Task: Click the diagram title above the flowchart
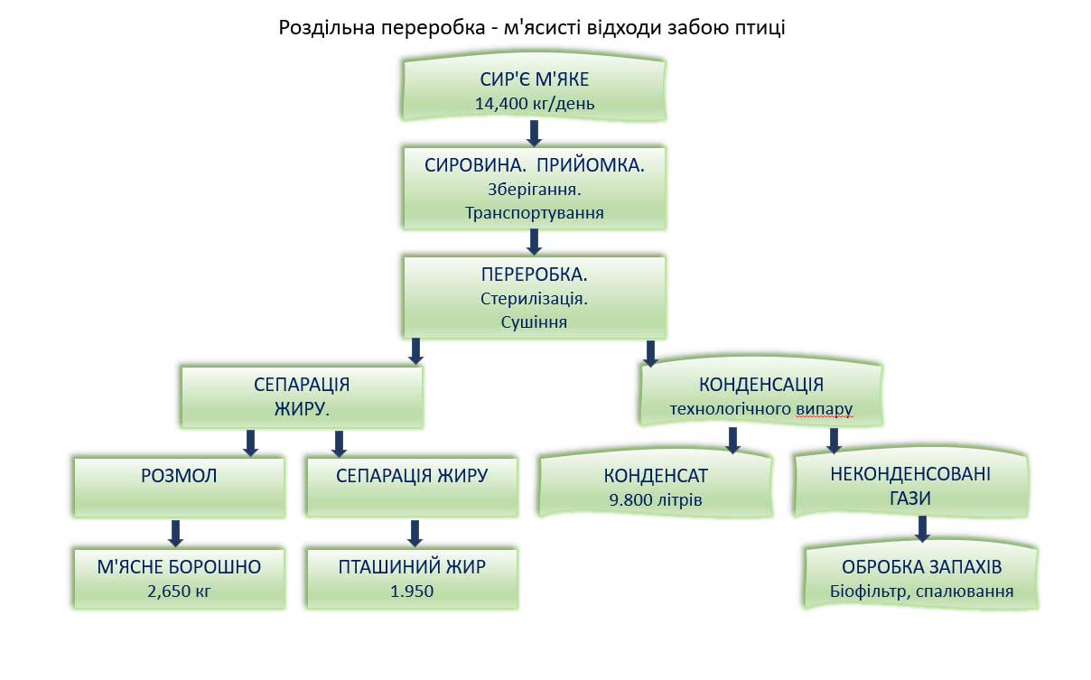click(533, 28)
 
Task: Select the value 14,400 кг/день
click(535, 103)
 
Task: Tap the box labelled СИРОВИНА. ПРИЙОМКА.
click(535, 188)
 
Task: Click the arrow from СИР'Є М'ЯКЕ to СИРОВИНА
click(534, 133)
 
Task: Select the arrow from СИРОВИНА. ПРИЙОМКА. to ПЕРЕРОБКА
click(534, 241)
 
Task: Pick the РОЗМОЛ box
click(179, 486)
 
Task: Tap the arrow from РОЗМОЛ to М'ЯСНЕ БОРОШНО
click(176, 532)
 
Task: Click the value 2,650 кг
click(179, 592)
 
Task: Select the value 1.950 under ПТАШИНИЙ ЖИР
click(412, 592)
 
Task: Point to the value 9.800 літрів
click(656, 499)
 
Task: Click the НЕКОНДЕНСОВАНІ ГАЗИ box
click(910, 485)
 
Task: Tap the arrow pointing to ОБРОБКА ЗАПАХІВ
click(921, 528)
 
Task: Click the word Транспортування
click(535, 214)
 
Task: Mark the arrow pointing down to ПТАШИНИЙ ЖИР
click(415, 532)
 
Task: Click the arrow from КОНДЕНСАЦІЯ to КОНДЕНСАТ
click(733, 440)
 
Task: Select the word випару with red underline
click(825, 409)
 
